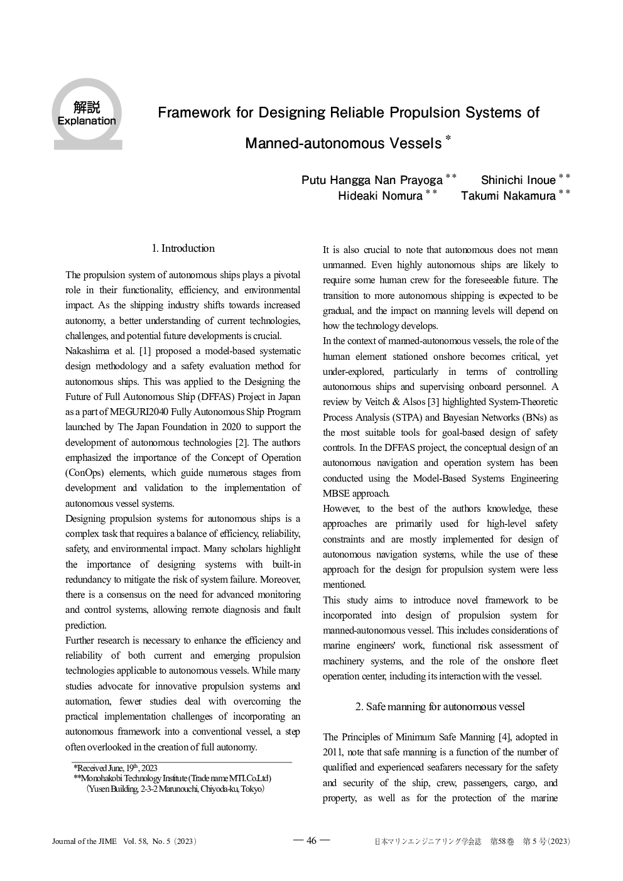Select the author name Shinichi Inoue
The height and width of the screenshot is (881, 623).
tap(517, 181)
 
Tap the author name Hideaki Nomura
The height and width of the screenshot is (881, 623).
tap(380, 196)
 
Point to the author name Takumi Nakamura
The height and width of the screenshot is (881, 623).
tap(508, 196)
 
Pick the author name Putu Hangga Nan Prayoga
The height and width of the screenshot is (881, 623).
tap(372, 181)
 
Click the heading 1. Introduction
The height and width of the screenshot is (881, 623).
tap(183, 249)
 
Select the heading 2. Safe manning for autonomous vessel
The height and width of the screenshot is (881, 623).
tap(440, 706)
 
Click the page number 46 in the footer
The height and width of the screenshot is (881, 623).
tap(311, 841)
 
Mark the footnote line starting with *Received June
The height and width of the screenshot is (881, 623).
tap(116, 767)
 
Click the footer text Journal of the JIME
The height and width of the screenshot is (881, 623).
tap(84, 841)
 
